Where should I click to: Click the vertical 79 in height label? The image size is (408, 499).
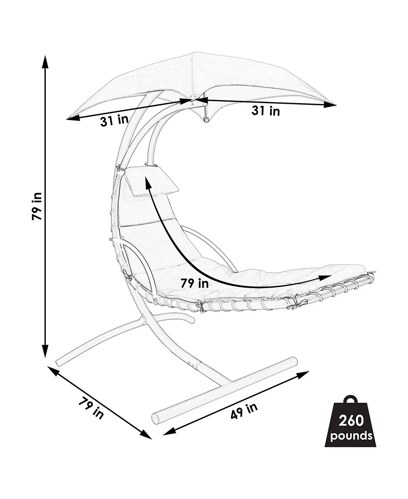[x=37, y=206]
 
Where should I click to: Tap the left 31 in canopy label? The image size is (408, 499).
[x=115, y=121]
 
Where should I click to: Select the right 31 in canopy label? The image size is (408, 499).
[x=266, y=111]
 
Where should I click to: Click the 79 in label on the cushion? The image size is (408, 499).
[x=194, y=283]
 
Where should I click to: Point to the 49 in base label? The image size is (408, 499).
[x=244, y=411]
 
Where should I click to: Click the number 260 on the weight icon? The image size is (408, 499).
[x=351, y=421]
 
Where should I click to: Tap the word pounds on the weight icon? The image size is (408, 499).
[x=351, y=435]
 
